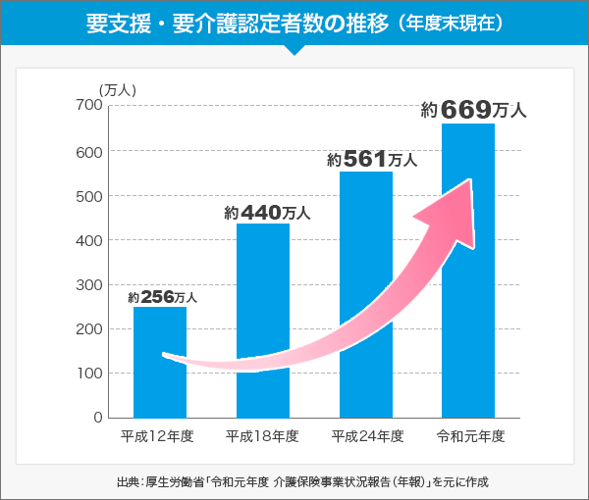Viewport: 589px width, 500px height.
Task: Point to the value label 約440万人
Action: pyautogui.click(x=267, y=212)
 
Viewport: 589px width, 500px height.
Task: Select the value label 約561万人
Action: pyautogui.click(x=373, y=159)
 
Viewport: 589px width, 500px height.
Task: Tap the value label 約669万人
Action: pyautogui.click(x=474, y=110)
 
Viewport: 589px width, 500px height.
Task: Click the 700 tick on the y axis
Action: pyautogui.click(x=88, y=106)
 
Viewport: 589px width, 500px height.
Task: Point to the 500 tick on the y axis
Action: pyautogui.click(x=88, y=196)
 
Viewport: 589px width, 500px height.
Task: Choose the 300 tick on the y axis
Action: pyautogui.click(x=88, y=285)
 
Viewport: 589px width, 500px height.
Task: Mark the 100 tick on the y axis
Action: pyautogui.click(x=88, y=374)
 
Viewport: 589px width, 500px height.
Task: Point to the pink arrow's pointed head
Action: pyautogui.click(x=471, y=182)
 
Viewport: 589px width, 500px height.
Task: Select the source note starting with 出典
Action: pyautogui.click(x=294, y=481)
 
